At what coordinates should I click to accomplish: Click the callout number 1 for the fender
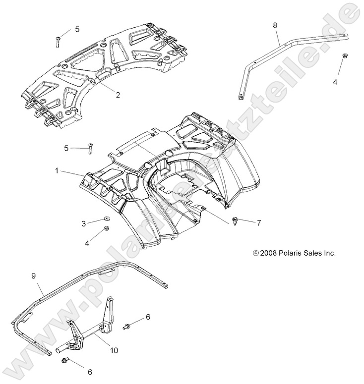coord(58,170)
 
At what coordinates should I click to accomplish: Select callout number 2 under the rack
coord(118,95)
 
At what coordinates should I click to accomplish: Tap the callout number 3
coord(83,223)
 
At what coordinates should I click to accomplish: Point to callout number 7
coord(258,223)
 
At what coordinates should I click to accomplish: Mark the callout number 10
coord(114,350)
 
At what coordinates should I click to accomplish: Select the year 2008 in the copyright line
coord(269,253)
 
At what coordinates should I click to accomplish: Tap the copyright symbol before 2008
coord(256,253)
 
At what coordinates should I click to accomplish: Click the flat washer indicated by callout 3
coord(107,219)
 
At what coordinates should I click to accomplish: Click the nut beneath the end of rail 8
coord(345,56)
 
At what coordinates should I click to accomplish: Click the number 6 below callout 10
coord(90,372)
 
